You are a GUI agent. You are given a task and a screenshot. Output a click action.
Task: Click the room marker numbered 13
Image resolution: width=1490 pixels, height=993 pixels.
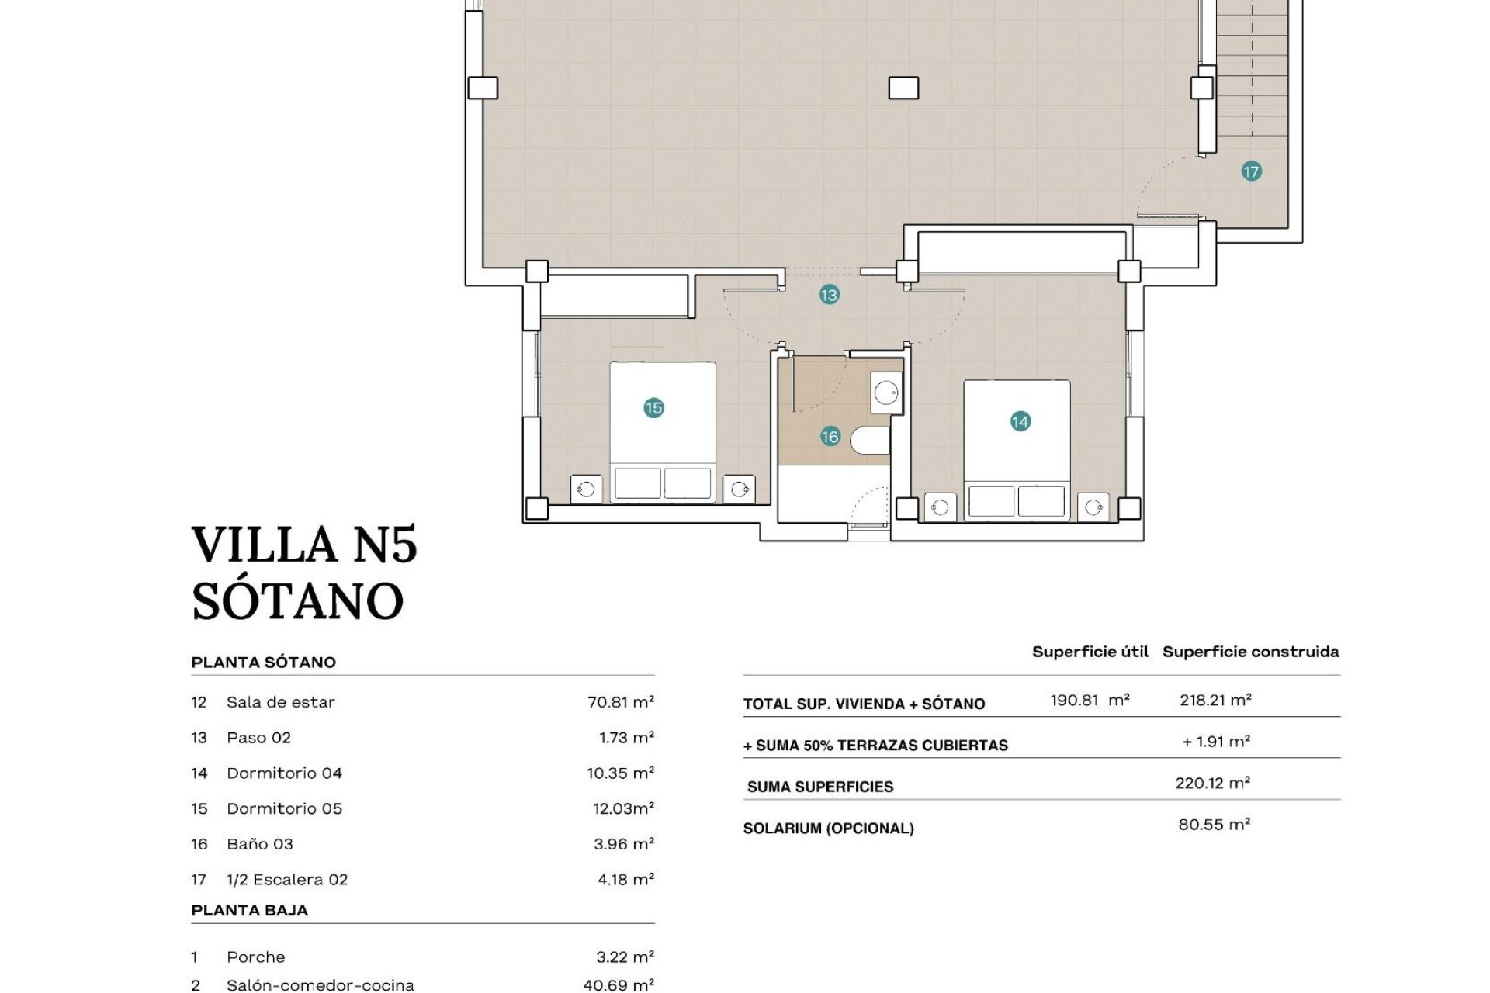[829, 295]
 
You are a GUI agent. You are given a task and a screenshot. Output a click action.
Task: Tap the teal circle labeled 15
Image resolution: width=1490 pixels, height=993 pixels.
[653, 408]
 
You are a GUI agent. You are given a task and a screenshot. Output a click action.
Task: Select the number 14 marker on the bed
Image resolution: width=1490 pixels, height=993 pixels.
[1020, 421]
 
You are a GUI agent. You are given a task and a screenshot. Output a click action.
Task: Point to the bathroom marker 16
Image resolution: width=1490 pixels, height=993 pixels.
[830, 437]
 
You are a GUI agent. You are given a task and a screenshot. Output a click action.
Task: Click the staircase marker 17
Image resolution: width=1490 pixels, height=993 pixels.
[1251, 171]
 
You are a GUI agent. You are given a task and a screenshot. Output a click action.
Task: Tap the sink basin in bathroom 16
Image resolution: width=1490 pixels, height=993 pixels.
[885, 393]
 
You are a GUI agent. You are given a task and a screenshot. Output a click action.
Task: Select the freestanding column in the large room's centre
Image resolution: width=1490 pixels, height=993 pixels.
[903, 88]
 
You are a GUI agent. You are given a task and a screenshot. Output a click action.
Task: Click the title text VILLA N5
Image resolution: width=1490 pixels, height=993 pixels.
[304, 545]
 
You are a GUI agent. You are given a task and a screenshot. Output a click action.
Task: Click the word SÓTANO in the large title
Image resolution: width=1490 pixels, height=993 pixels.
[298, 601]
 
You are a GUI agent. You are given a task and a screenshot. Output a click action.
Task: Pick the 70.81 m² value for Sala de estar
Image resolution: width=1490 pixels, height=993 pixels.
[620, 702]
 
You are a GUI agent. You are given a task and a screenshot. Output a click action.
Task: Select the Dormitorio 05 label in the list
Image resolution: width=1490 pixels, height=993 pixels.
[284, 808]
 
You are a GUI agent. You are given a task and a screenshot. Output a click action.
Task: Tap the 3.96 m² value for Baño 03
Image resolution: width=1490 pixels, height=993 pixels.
[623, 844]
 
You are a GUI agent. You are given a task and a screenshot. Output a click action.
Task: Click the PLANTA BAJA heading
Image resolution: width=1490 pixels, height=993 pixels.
[249, 910]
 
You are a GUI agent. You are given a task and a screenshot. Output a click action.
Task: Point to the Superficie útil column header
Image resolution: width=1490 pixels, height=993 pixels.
[1090, 652]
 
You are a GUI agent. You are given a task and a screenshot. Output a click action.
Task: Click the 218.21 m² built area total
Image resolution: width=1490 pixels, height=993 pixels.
[1215, 700]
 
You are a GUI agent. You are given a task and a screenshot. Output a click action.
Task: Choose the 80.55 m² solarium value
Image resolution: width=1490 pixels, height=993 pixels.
[1214, 825]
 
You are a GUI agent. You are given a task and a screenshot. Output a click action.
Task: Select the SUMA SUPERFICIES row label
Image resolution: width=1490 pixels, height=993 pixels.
[819, 787]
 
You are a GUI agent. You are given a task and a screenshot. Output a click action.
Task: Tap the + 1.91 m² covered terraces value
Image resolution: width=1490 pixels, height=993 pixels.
[1215, 742]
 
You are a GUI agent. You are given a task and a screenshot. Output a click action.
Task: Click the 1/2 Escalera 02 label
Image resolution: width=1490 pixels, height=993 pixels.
[287, 880]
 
